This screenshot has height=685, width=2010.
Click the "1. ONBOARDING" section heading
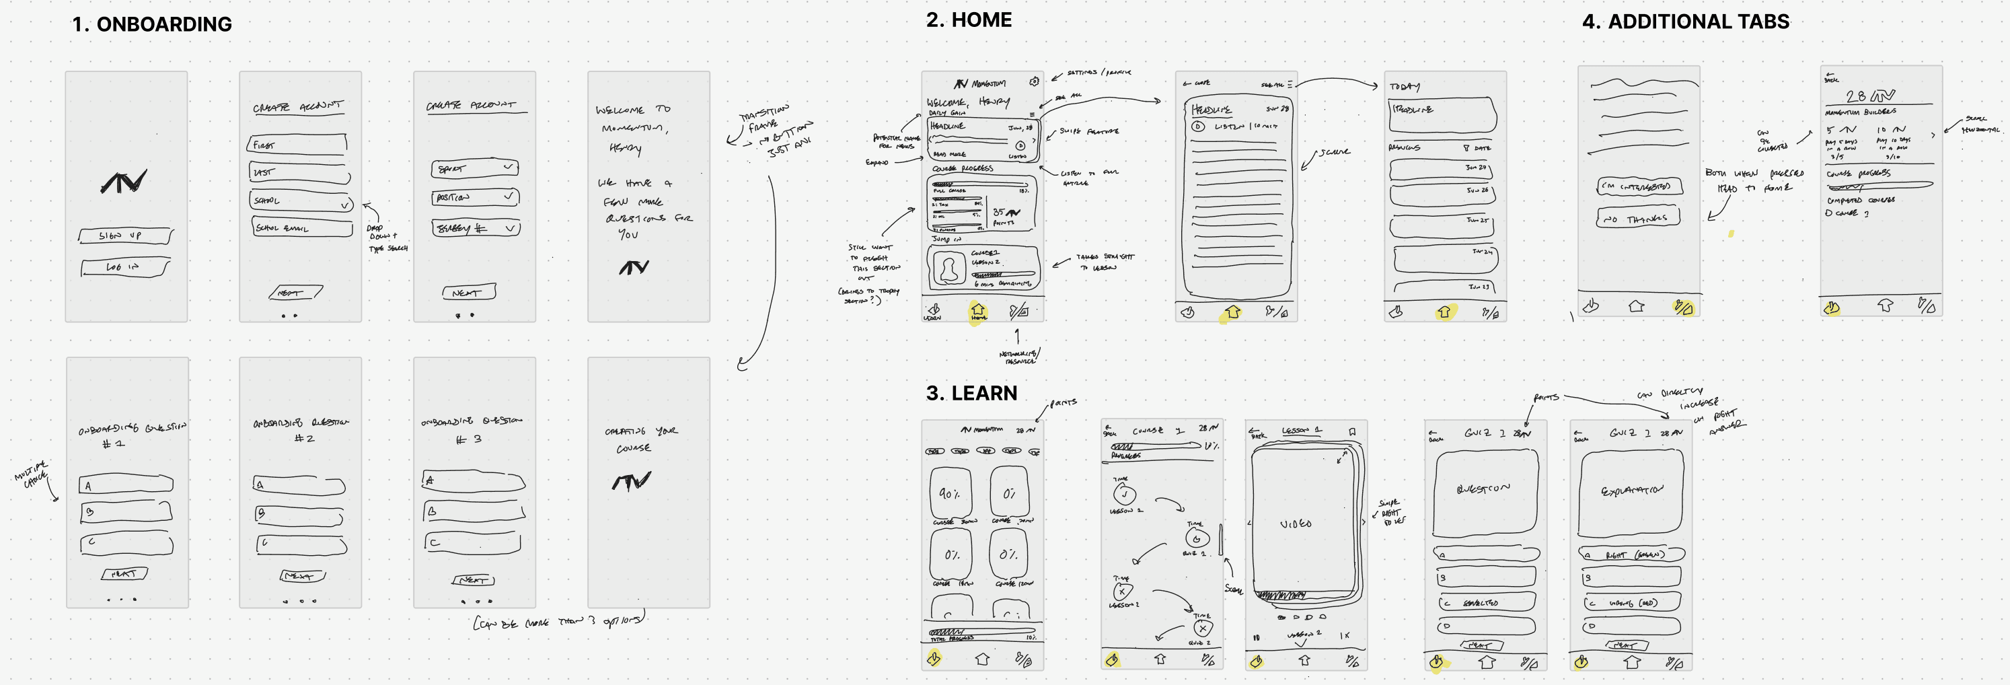click(x=151, y=24)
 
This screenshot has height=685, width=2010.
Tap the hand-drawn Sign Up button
click(x=125, y=236)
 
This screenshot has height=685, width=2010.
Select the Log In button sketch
click(x=125, y=268)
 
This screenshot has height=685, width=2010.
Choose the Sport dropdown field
click(x=474, y=168)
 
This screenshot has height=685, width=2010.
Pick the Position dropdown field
click(x=474, y=197)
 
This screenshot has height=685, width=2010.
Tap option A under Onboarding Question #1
click(x=126, y=485)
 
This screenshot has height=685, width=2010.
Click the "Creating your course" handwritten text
click(x=640, y=439)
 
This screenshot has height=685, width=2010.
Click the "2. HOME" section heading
click(x=968, y=20)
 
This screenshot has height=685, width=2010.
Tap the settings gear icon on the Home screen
click(x=1034, y=81)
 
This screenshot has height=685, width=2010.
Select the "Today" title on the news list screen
click(x=1405, y=87)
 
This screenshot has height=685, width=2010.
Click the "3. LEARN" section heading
click(x=971, y=393)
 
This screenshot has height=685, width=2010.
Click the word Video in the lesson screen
click(x=1295, y=524)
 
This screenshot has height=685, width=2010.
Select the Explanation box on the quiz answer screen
click(x=1631, y=491)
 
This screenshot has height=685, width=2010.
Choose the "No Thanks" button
click(x=1638, y=219)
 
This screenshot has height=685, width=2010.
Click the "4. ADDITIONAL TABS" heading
click(x=1685, y=22)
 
